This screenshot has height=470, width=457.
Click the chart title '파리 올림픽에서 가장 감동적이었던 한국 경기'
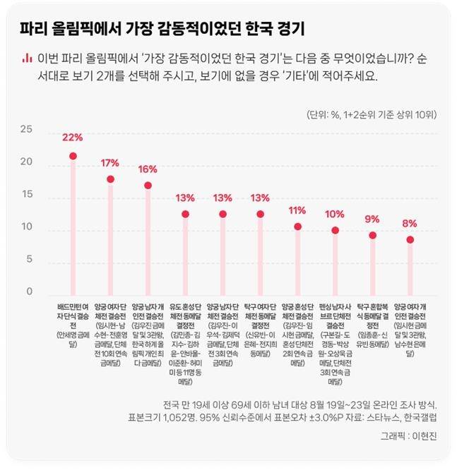click(x=162, y=30)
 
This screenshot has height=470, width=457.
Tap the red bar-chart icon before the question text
click(x=26, y=57)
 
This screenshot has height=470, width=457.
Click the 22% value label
click(x=73, y=137)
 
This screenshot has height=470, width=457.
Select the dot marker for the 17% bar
click(x=110, y=179)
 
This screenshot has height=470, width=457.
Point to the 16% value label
click(x=148, y=169)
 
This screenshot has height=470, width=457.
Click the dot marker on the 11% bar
click(x=297, y=227)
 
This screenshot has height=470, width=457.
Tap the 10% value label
click(x=335, y=214)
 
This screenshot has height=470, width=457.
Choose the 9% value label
click(x=372, y=219)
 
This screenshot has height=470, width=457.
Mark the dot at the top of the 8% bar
click(x=410, y=240)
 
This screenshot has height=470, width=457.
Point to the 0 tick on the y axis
click(x=30, y=291)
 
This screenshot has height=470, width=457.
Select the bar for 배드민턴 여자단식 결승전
click(x=73, y=226)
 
